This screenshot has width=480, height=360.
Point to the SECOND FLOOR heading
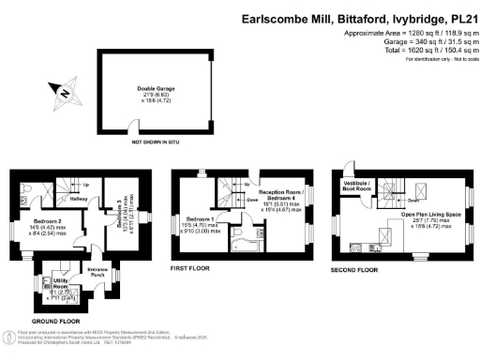click(356, 269)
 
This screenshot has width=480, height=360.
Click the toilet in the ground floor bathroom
click(34, 187)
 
